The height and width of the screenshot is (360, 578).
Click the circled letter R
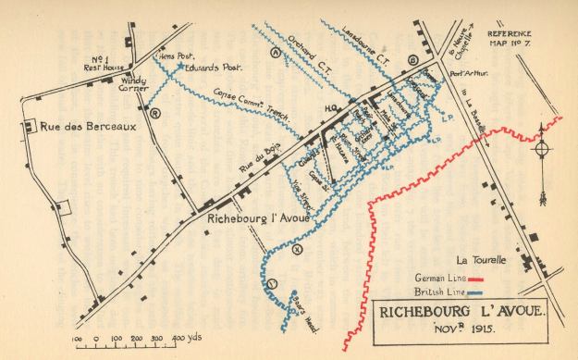point(156,114)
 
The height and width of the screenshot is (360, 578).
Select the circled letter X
point(295,249)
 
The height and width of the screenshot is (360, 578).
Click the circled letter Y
point(272,282)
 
